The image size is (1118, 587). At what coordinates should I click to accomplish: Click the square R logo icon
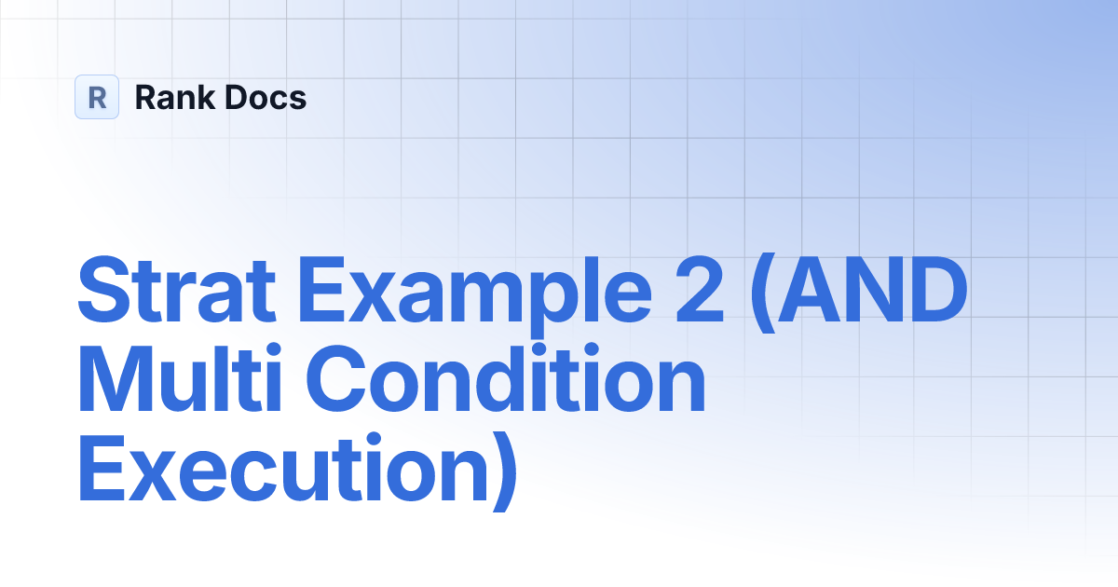coord(97,97)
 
